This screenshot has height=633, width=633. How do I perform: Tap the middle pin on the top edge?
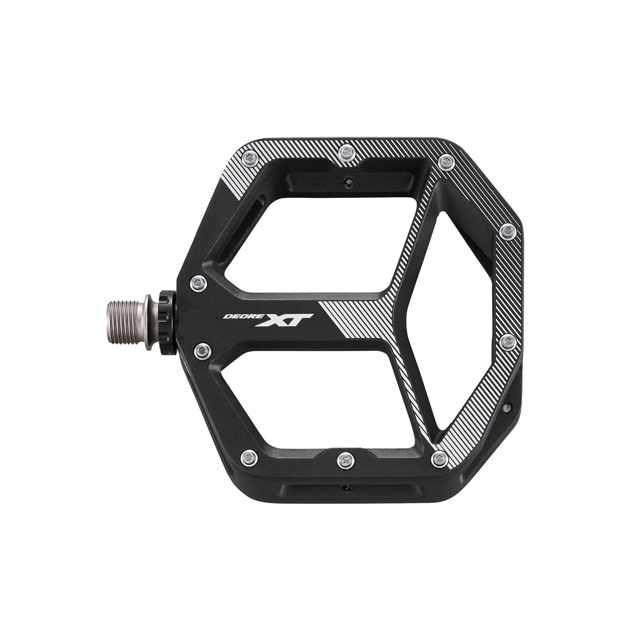tap(346, 152)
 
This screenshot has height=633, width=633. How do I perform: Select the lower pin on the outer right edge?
tap(507, 343)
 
